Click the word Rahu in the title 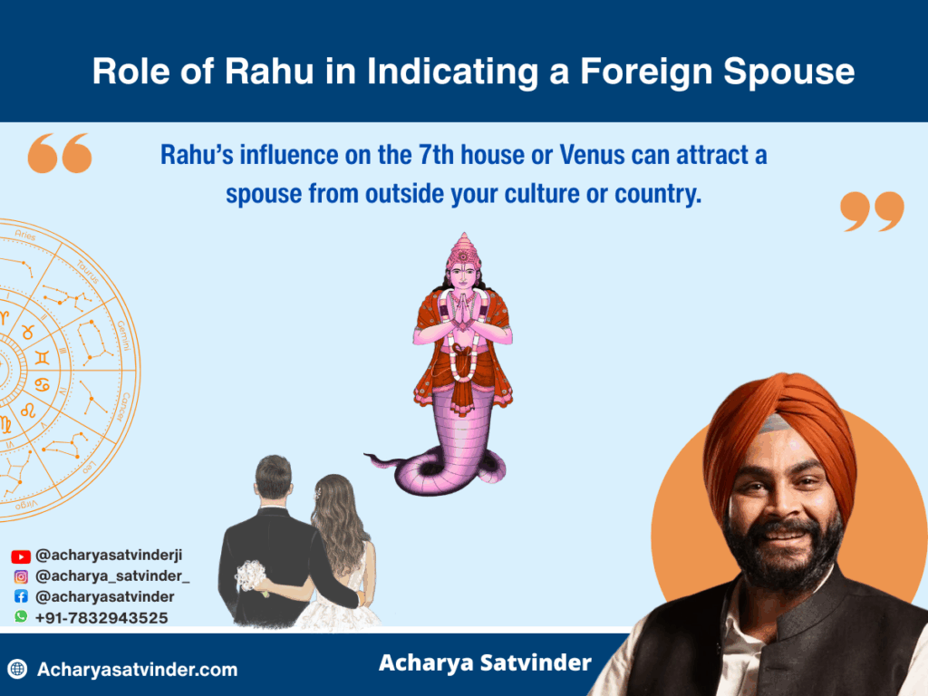pos(268,71)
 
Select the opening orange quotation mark pos(60,153)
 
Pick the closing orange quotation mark pos(873,211)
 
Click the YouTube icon pos(21,556)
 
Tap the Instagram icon pos(21,576)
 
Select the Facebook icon pos(21,596)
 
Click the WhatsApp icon pos(21,616)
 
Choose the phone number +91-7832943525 pos(101,618)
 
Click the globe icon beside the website pos(18,669)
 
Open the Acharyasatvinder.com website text pos(138,670)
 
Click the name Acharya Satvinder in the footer pos(486,663)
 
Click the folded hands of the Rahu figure pos(463,310)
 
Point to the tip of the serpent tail pos(366,455)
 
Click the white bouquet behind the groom pos(251,575)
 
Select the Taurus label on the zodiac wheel pos(88,272)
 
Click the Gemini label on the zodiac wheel pos(123,335)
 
